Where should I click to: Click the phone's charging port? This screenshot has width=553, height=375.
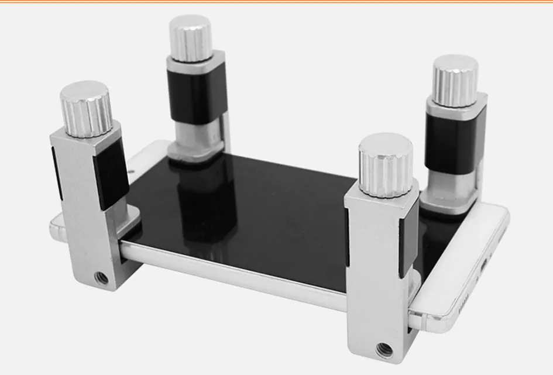pos(483,266)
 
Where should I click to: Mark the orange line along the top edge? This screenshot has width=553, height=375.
pos(276,2)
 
